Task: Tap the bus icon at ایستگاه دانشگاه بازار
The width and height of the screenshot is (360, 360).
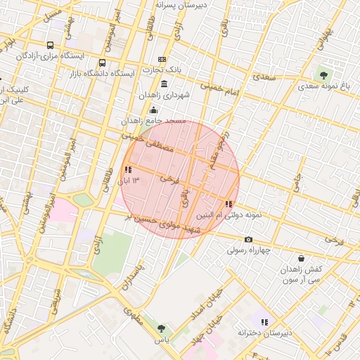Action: coord(103,63)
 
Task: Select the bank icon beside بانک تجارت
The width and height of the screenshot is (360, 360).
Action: coord(162,60)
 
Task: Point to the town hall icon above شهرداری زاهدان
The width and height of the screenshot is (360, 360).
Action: coord(164,84)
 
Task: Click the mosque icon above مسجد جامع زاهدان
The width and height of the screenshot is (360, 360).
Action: coord(154,110)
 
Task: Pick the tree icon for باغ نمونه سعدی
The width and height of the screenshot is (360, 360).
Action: coord(323,74)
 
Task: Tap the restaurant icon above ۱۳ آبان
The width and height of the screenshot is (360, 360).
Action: coord(128,169)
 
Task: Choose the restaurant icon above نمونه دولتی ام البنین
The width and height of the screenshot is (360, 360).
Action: coord(229,204)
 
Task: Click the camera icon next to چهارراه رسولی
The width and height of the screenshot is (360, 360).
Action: coord(248,240)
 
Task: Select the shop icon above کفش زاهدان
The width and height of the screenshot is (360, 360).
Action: coord(301,259)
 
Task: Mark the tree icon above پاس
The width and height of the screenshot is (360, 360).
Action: coord(162,328)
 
